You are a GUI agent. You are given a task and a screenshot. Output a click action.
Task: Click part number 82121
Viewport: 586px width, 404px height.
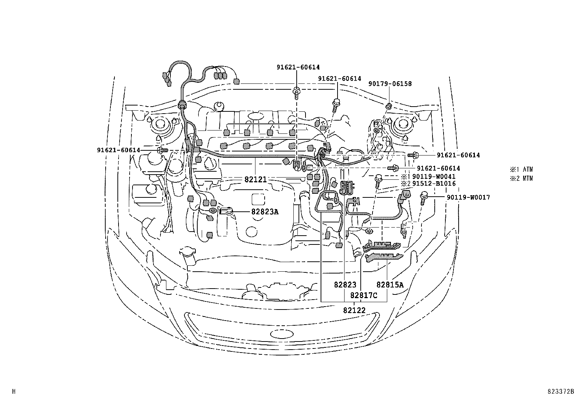tap(255, 179)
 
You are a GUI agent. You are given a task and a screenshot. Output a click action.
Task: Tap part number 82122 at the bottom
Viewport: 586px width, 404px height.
tap(354, 310)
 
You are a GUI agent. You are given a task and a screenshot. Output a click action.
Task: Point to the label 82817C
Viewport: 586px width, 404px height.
tap(364, 295)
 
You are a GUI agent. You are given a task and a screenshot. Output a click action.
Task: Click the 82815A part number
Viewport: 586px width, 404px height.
tap(390, 285)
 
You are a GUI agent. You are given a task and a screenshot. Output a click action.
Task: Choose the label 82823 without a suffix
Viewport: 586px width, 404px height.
tap(345, 285)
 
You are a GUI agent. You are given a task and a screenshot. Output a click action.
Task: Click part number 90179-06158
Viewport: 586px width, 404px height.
tap(390, 84)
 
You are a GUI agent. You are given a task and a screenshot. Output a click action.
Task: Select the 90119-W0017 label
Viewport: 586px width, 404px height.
tap(468, 197)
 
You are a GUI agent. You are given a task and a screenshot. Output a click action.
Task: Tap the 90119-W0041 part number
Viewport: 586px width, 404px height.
tap(434, 177)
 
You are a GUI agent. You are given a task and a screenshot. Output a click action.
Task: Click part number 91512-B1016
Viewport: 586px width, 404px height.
tap(434, 183)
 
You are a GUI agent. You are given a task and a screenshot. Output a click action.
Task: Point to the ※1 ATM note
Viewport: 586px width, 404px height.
tap(521, 170)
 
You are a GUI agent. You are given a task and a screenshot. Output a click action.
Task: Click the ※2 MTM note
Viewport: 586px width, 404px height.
tap(521, 179)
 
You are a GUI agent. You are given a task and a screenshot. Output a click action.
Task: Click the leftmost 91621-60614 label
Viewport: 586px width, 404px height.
tap(119, 150)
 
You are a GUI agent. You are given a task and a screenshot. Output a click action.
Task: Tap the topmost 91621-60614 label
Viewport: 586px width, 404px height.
tap(298, 67)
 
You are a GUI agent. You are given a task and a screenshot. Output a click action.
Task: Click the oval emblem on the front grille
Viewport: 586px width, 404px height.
tap(280, 334)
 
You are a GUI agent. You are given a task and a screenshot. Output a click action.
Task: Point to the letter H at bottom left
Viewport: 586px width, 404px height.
tap(14, 392)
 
